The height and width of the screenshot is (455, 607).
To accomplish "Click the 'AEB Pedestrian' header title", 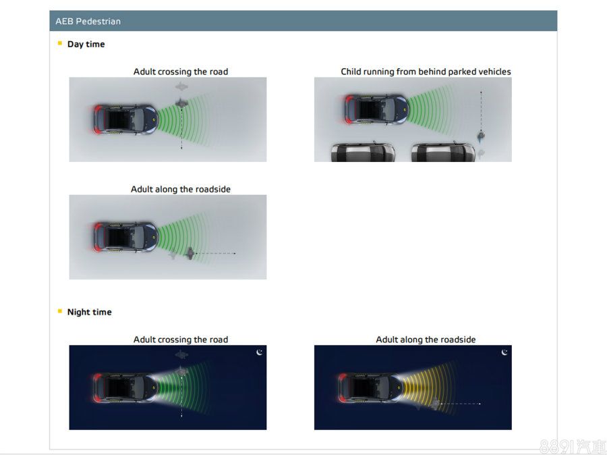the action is tap(88, 22).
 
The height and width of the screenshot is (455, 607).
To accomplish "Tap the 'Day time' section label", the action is tap(86, 44).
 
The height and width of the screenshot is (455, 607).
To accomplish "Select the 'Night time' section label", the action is tap(90, 312).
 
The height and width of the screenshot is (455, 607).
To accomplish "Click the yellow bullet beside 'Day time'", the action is tap(59, 43).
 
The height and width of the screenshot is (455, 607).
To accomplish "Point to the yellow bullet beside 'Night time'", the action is tap(59, 311).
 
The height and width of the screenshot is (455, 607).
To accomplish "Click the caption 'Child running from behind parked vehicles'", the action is tap(426, 72).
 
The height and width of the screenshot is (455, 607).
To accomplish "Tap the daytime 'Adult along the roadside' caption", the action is tap(180, 189).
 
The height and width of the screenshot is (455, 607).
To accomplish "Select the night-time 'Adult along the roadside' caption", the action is tap(426, 340).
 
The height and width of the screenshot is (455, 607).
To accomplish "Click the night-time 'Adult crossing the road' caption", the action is tap(180, 340).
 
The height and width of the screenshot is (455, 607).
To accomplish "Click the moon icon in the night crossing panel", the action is tap(260, 352).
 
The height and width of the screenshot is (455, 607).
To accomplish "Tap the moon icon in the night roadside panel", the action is tap(504, 352).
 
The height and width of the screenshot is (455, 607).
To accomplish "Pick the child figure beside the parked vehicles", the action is tap(481, 136).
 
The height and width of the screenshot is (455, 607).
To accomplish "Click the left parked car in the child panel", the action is tap(363, 152).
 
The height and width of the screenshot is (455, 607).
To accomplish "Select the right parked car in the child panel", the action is tap(443, 152).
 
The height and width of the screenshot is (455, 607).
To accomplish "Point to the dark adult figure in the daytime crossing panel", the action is tap(181, 103).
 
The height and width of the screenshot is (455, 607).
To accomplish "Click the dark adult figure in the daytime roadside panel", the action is tap(190, 253).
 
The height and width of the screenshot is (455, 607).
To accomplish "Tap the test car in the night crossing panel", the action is tap(125, 388).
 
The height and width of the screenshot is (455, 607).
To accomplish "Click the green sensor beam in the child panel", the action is tap(430, 109).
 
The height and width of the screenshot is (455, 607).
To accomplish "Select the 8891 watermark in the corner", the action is tap(572, 446).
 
